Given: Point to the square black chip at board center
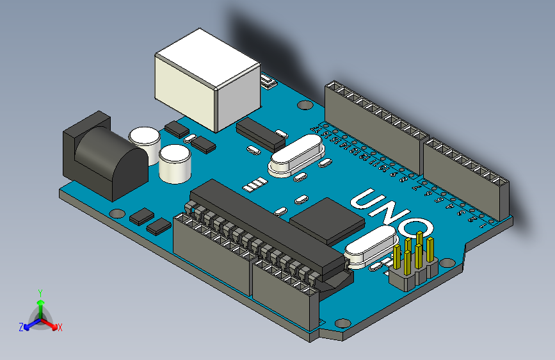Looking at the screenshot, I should pyautogui.click(x=328, y=220).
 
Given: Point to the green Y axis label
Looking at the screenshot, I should pyautogui.click(x=40, y=291).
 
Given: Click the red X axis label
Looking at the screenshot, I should pyautogui.click(x=60, y=328).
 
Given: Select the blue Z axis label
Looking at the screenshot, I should pyautogui.click(x=21, y=327).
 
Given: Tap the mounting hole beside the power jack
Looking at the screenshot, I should pyautogui.click(x=117, y=212).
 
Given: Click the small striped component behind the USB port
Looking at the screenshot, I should pyautogui.click(x=267, y=82).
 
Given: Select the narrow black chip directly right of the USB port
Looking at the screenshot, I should pyautogui.click(x=261, y=131).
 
